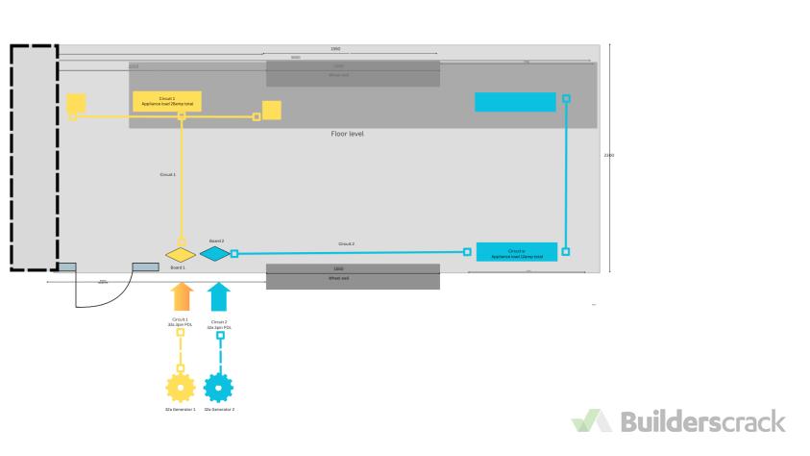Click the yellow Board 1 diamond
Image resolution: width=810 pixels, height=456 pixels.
pos(180,254)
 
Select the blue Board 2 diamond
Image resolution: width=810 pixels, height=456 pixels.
pos(215,254)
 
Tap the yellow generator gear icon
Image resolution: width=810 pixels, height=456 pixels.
pos(180,388)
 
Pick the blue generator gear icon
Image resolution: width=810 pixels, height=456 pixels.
pos(219,388)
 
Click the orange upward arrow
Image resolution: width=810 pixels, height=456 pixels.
pos(184,296)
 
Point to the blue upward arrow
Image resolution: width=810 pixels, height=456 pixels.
pos(219,296)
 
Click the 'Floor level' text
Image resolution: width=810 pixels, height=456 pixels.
pos(347,135)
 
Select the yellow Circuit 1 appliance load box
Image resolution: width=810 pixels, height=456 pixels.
pos(166,101)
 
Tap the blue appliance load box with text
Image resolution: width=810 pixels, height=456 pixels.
pos(516,253)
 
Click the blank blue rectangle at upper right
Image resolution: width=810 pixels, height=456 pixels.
pos(515,102)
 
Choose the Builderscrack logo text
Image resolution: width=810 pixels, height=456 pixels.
pos(703,421)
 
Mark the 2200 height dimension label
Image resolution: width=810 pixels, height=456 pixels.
pos(608,155)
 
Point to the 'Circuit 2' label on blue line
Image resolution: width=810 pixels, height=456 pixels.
pos(346,244)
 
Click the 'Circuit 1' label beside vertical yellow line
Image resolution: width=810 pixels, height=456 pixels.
pos(167,175)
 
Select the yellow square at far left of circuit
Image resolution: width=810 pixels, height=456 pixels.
pos(76,103)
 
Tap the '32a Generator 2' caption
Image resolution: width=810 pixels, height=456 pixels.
pos(220,409)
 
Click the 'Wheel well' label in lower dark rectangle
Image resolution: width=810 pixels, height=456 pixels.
pos(338,278)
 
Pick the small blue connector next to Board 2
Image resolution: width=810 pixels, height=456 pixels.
pos(234,254)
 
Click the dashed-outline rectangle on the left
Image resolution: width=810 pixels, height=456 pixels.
pos(34,157)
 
